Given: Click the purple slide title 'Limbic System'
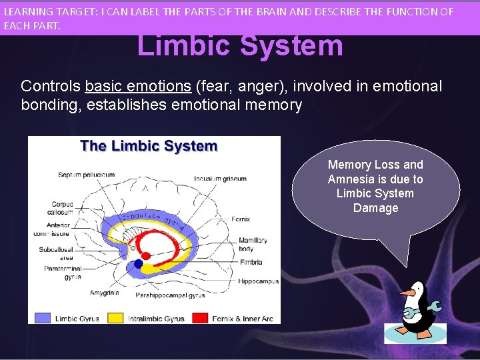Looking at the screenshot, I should (240, 46).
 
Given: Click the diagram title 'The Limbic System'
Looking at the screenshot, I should (149, 147).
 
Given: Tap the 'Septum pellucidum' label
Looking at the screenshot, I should (86, 175).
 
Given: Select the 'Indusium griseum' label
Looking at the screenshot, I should (220, 179).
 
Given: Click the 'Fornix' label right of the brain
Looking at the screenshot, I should (241, 218).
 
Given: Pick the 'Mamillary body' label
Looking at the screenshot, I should (253, 244).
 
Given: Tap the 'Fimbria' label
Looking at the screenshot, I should (252, 262).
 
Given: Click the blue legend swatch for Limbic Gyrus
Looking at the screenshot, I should (42, 318).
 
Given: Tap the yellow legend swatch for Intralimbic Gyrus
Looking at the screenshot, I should (115, 318).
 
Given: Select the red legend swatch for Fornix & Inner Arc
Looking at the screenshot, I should (200, 318).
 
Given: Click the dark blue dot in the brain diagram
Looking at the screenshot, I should (139, 264).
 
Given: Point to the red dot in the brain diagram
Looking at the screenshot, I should (146, 254).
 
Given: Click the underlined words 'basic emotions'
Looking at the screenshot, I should (137, 87).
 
